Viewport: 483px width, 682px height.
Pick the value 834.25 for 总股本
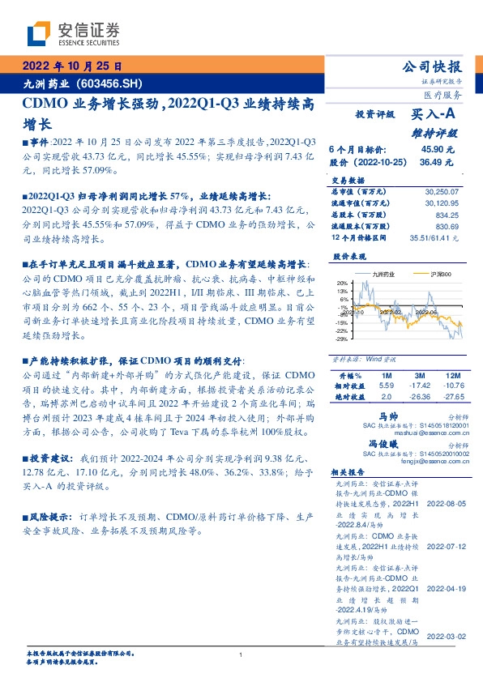pyautogui.click(x=447, y=215)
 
